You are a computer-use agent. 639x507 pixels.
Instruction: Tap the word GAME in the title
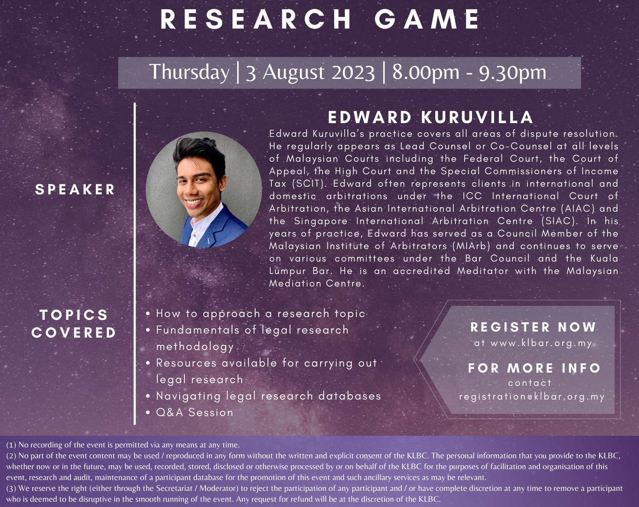click(426, 19)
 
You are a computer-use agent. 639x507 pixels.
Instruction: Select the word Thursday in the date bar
click(189, 72)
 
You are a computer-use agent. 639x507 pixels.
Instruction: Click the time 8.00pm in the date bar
click(426, 72)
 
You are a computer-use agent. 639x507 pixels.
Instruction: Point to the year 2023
click(353, 72)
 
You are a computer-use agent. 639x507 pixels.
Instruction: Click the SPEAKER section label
click(75, 190)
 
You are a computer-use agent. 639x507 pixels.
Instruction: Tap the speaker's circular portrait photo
click(203, 190)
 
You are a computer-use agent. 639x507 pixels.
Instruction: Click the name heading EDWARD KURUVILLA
click(430, 117)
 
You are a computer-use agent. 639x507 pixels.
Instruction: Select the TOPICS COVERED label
click(74, 324)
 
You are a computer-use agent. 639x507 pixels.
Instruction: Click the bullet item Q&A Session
click(194, 412)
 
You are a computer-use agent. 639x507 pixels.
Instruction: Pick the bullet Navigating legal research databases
click(269, 396)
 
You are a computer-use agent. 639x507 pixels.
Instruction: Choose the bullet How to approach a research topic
click(261, 313)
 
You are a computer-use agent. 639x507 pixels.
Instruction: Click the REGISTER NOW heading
click(533, 327)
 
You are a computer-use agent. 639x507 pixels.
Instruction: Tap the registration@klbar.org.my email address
click(532, 397)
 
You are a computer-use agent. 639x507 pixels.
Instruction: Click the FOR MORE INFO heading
click(534, 368)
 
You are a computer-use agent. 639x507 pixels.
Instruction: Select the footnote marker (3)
click(11, 488)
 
